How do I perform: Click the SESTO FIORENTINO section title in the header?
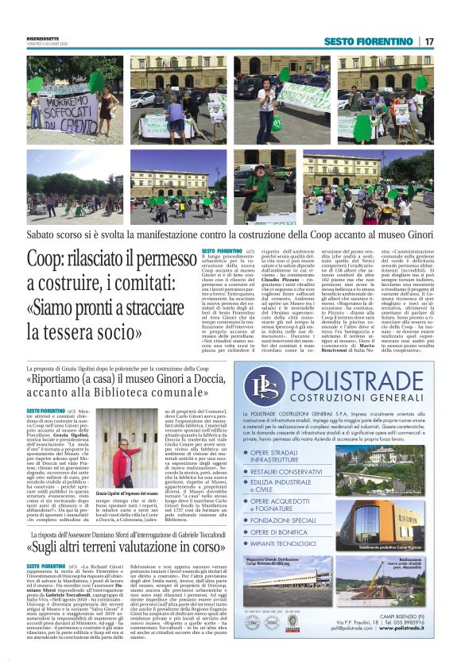(368, 41)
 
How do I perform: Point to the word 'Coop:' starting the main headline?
(53, 261)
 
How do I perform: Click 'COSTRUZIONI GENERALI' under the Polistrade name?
(351, 397)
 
